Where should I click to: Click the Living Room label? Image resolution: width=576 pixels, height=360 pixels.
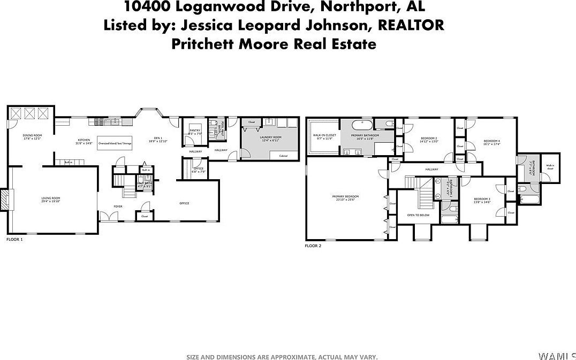pyautogui.click(x=51, y=199)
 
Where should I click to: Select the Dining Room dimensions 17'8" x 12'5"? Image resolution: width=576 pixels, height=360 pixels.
pyautogui.click(x=32, y=139)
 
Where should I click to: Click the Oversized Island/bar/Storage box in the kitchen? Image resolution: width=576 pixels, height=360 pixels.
pyautogui.click(x=114, y=143)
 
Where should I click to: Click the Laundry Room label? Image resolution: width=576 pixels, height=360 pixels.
pyautogui.click(x=270, y=137)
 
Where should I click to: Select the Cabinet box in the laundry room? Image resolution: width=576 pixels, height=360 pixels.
pyautogui.click(x=283, y=156)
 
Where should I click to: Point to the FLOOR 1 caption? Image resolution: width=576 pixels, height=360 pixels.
pyautogui.click(x=14, y=239)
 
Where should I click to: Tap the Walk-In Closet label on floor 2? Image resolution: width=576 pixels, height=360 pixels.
pyautogui.click(x=324, y=135)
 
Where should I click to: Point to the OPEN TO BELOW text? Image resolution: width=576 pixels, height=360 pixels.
pyautogui.click(x=418, y=215)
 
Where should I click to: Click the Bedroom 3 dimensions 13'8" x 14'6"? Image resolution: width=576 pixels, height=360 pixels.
pyautogui.click(x=482, y=203)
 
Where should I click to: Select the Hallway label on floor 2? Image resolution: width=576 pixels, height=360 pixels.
pyautogui.click(x=431, y=170)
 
